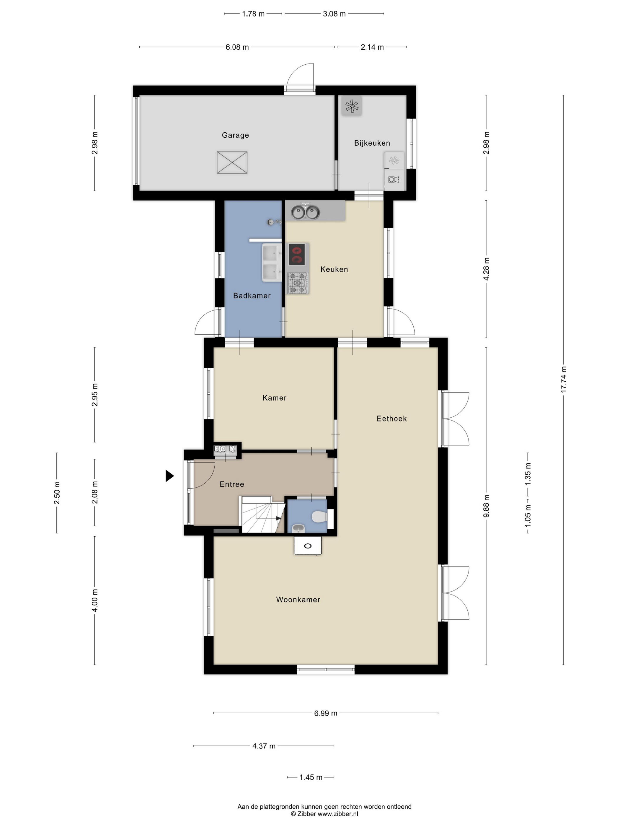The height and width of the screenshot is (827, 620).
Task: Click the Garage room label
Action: click(235, 135)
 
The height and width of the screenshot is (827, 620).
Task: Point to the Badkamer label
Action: click(252, 296)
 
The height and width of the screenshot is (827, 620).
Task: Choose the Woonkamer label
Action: click(298, 600)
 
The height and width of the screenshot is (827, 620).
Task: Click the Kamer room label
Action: click(274, 398)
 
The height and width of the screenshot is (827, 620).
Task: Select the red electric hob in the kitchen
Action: click(297, 255)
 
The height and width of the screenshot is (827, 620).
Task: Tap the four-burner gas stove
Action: click(298, 283)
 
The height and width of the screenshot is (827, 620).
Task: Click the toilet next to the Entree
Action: click(320, 517)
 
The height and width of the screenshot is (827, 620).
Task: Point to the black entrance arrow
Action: click(170, 476)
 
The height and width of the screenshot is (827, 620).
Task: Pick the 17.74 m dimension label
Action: click(564, 380)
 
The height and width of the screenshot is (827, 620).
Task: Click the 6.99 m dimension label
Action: click(326, 713)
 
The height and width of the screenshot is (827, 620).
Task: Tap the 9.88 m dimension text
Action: click(486, 506)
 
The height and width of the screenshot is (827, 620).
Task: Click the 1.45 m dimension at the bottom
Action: click(311, 778)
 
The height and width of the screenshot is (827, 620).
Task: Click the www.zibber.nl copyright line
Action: click(324, 813)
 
